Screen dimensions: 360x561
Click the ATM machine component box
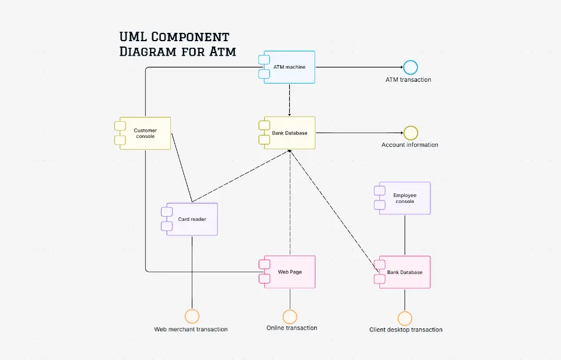(289, 67)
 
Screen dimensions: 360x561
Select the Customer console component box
(145, 133)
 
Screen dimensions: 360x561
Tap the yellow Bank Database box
(289, 133)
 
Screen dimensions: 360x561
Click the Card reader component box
(192, 219)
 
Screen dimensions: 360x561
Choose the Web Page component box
(289, 272)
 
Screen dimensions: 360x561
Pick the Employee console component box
(404, 198)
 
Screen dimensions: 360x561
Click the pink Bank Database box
(404, 272)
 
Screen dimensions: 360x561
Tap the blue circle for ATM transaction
(410, 67)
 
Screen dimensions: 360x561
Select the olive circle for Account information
(410, 133)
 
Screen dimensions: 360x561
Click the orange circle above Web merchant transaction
(192, 316)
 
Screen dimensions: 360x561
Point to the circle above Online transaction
(290, 316)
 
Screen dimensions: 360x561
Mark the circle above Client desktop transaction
(404, 318)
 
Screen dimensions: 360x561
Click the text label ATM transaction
(408, 80)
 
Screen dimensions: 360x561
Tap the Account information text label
(410, 145)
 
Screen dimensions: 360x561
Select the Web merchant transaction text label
(191, 330)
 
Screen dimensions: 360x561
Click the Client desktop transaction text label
(406, 330)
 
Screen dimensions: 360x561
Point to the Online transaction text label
(292, 328)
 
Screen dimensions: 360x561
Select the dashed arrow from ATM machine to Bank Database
(289, 99)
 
